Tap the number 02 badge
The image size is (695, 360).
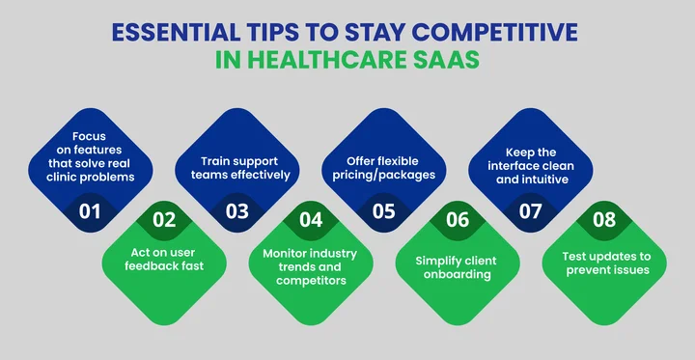pyautogui.click(x=163, y=219)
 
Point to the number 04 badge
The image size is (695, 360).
pyautogui.click(x=311, y=219)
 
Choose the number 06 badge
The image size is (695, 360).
pyautogui.click(x=458, y=219)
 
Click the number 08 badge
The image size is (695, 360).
pyautogui.click(x=604, y=219)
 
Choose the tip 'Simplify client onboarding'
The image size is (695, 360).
pyautogui.click(x=458, y=266)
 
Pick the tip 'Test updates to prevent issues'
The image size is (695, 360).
pyautogui.click(x=604, y=263)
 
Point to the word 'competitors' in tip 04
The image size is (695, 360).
pyautogui.click(x=311, y=279)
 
